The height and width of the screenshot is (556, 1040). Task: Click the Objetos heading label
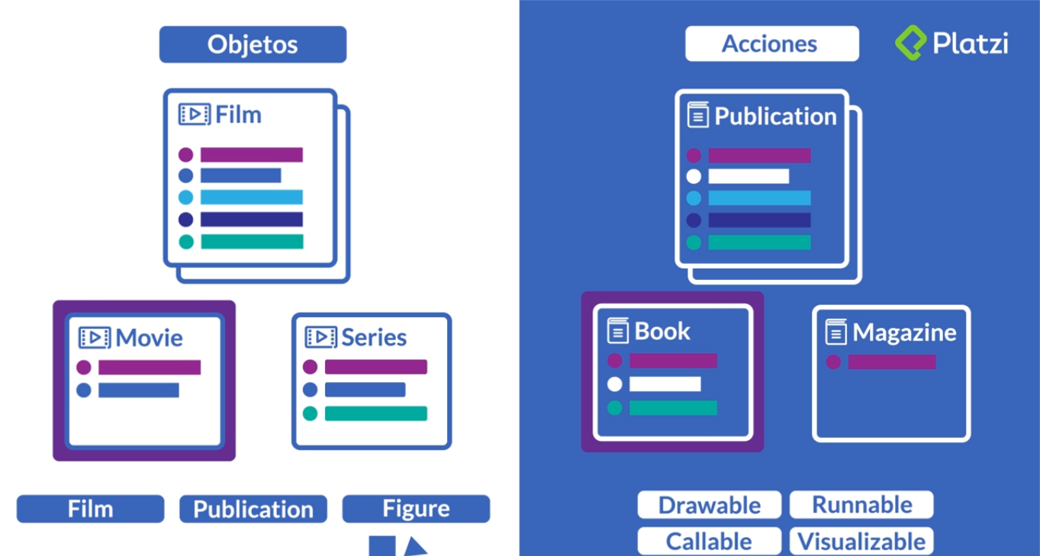click(x=253, y=44)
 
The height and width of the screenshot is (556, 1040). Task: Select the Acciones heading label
click(x=771, y=44)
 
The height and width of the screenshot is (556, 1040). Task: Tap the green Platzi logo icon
click(x=911, y=43)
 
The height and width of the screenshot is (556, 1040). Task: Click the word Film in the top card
click(x=238, y=115)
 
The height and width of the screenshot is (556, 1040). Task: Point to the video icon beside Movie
click(x=95, y=338)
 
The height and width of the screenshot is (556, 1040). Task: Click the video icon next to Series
click(x=320, y=338)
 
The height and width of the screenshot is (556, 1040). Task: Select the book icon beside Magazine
click(x=837, y=333)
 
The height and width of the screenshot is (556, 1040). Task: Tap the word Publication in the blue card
click(x=775, y=117)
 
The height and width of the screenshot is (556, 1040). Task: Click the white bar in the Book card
click(x=665, y=384)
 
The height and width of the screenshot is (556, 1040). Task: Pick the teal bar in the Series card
click(x=375, y=413)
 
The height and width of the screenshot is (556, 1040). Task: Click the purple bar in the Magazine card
click(x=891, y=362)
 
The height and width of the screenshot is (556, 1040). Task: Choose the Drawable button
click(x=709, y=506)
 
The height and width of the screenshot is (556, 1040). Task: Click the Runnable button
click(x=861, y=505)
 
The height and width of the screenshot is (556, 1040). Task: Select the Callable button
click(x=709, y=542)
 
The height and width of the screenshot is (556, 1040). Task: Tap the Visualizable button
click(x=861, y=542)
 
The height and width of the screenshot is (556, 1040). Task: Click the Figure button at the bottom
click(x=416, y=509)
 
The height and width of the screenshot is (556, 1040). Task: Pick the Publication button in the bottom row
click(x=253, y=509)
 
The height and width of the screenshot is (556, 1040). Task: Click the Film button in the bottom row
click(x=90, y=509)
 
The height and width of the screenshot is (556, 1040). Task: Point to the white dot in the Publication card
click(x=694, y=177)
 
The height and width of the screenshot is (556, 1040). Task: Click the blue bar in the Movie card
click(x=138, y=390)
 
